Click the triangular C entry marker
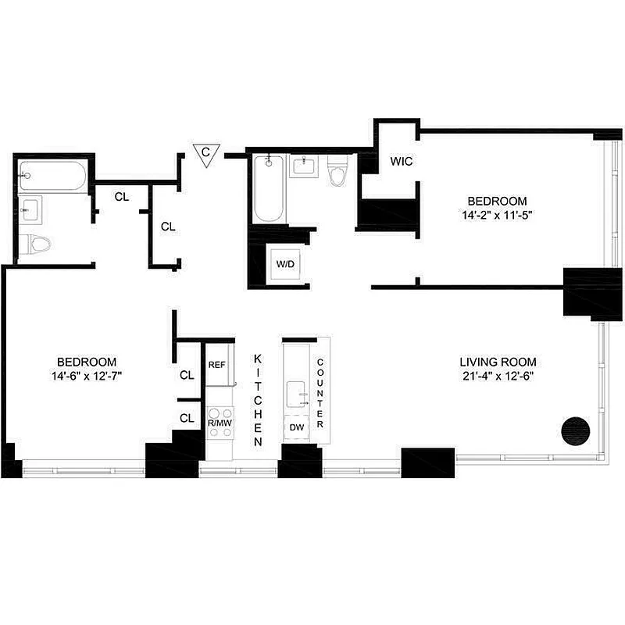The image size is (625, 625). (x=205, y=154)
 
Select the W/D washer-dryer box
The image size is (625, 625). (x=285, y=264)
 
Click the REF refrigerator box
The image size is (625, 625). (x=218, y=365)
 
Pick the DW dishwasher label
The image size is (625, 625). (x=297, y=427)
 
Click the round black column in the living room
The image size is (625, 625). (x=577, y=430)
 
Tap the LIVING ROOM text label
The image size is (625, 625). (x=498, y=362)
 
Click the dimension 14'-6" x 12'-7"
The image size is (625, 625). (x=87, y=376)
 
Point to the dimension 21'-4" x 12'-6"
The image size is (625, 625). (x=498, y=376)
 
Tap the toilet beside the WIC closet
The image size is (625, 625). (x=337, y=172)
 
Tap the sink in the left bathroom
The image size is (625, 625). (x=31, y=209)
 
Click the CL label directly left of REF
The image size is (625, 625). (x=187, y=375)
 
